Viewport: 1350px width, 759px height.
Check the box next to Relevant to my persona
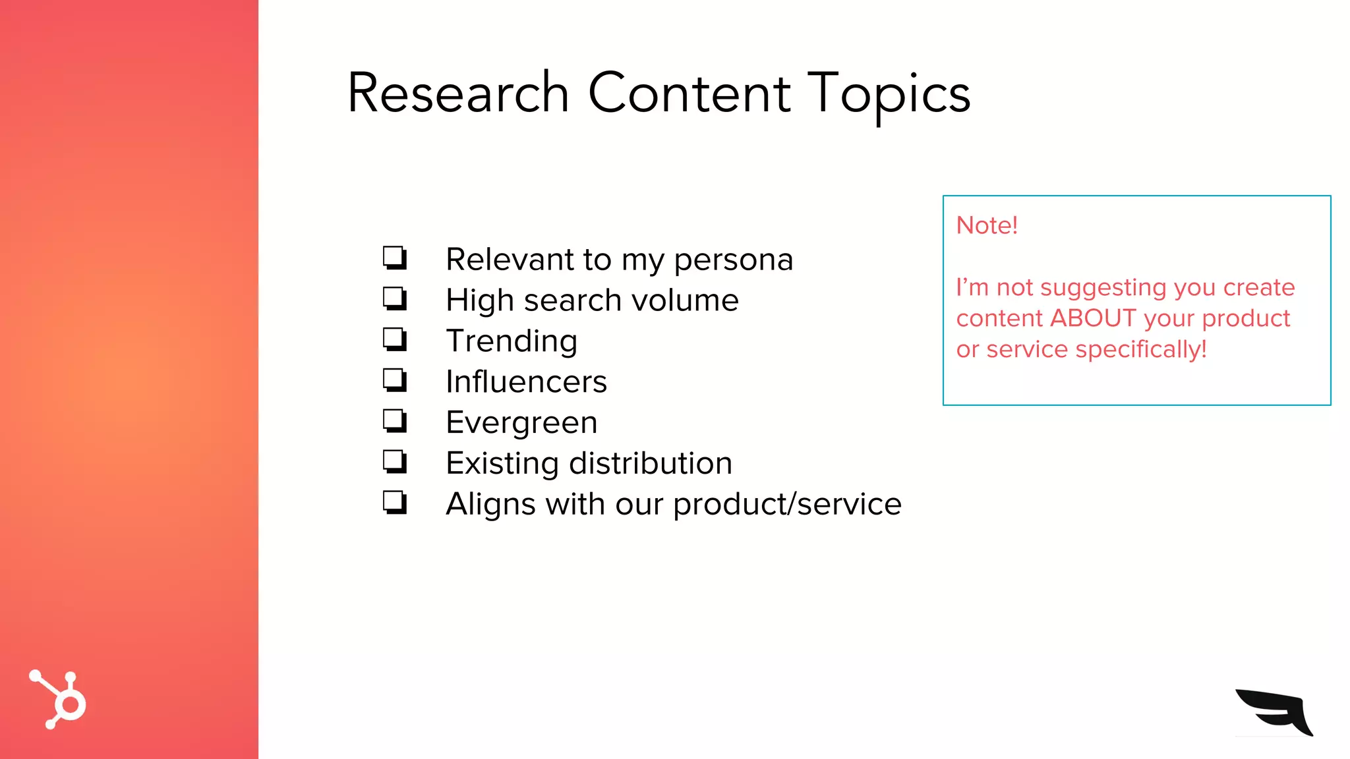(x=395, y=258)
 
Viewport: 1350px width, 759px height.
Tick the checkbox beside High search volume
(x=395, y=298)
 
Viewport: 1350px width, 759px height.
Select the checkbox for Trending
(x=395, y=339)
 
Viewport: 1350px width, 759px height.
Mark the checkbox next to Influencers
(x=395, y=380)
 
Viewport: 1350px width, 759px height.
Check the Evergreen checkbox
(x=395, y=421)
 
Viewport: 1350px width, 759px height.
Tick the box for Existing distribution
(x=395, y=462)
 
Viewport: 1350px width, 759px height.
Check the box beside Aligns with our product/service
(x=395, y=503)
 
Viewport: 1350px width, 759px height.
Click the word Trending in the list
(x=512, y=341)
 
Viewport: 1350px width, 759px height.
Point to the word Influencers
(x=526, y=381)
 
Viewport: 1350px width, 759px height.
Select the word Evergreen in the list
(x=521, y=422)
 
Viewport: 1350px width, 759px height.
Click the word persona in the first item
(x=733, y=260)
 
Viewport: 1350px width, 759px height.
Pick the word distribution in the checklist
(x=651, y=463)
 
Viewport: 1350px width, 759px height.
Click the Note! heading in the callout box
(x=987, y=225)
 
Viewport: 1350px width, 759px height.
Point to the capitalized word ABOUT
(x=1093, y=318)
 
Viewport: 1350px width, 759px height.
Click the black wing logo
(x=1274, y=712)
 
